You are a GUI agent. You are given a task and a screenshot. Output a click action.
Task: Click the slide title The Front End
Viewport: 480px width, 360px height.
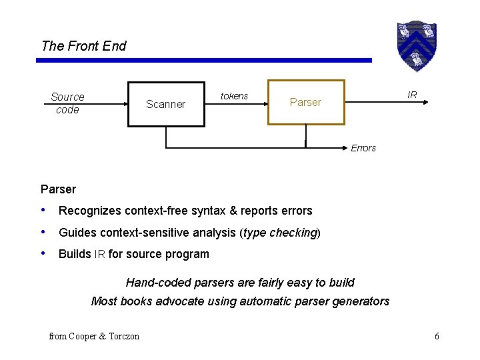[83, 46]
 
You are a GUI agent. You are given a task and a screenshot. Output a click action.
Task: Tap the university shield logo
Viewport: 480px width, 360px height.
[416, 45]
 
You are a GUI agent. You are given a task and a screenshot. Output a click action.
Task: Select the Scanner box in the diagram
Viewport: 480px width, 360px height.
[166, 104]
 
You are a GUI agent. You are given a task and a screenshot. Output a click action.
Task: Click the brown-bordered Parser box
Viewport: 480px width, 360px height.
[306, 103]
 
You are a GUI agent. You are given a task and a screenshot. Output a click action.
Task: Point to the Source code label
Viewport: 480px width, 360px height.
[67, 103]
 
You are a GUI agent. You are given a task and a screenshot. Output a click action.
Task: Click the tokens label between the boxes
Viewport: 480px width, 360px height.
[234, 96]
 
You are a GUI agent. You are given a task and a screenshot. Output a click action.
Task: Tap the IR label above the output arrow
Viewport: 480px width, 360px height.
[412, 95]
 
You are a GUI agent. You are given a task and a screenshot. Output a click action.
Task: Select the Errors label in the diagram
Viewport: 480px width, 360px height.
[363, 148]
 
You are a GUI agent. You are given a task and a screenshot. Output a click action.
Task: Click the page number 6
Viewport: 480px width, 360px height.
[437, 336]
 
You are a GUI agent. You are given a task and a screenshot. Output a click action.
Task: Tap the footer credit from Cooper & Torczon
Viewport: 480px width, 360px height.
[94, 336]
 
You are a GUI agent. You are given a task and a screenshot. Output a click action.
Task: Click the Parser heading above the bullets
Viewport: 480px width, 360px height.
[58, 189]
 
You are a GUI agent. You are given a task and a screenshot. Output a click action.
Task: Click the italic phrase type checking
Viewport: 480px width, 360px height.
[280, 233]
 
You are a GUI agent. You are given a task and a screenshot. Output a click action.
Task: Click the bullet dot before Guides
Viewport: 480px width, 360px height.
[44, 233]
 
